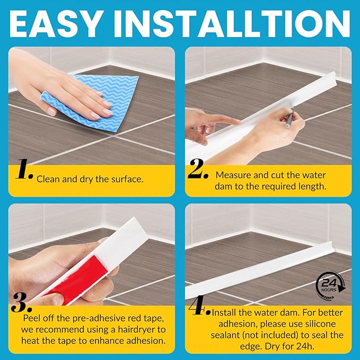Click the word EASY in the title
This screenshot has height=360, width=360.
click(55, 24)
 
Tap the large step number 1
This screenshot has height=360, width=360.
click(24, 169)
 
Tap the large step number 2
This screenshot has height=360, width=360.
click(198, 169)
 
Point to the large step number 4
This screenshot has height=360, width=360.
click(199, 305)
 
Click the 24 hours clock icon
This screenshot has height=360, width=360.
click(330, 286)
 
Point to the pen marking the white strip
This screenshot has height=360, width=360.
click(289, 118)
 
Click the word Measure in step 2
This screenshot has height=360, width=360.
click(233, 175)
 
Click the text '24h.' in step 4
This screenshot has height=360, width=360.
click(306, 346)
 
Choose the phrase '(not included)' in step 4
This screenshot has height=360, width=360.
click(270, 335)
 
